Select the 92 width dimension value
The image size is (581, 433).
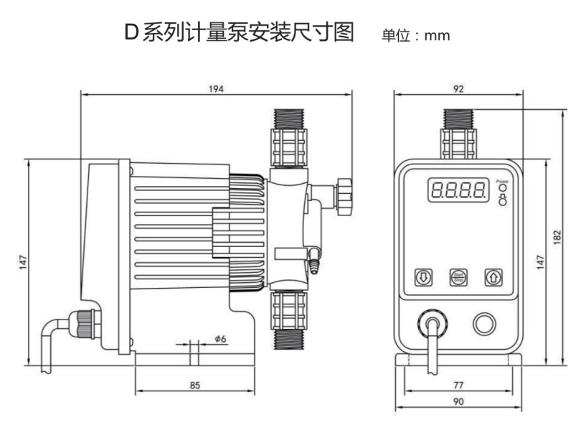click(x=458, y=88)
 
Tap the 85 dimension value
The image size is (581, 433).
click(x=194, y=385)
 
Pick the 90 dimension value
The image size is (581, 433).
click(x=458, y=403)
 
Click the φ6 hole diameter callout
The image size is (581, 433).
click(x=219, y=338)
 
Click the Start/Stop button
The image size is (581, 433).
click(x=458, y=276)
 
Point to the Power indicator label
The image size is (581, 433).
click(x=501, y=182)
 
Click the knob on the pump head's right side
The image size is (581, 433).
click(x=345, y=194)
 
